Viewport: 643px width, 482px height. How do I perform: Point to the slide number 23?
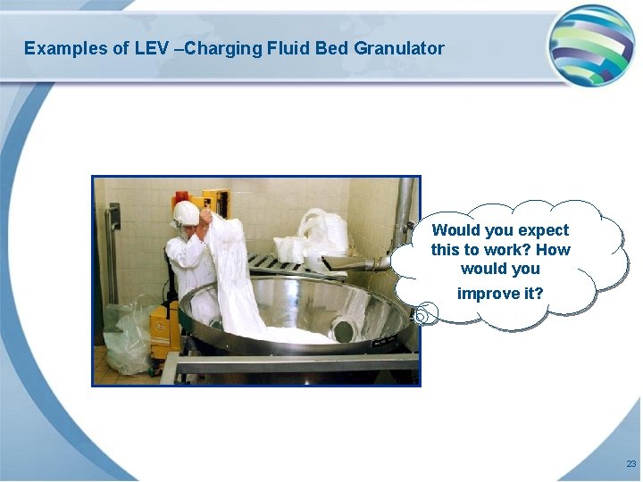[x=630, y=464]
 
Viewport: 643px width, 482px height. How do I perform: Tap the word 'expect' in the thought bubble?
[x=541, y=230]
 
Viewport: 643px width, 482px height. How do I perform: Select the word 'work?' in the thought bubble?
[x=507, y=250]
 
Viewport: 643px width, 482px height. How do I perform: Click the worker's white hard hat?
[x=186, y=212]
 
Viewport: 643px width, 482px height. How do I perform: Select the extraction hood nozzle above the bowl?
[x=353, y=262]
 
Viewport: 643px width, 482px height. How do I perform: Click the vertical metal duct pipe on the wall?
[x=405, y=214]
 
